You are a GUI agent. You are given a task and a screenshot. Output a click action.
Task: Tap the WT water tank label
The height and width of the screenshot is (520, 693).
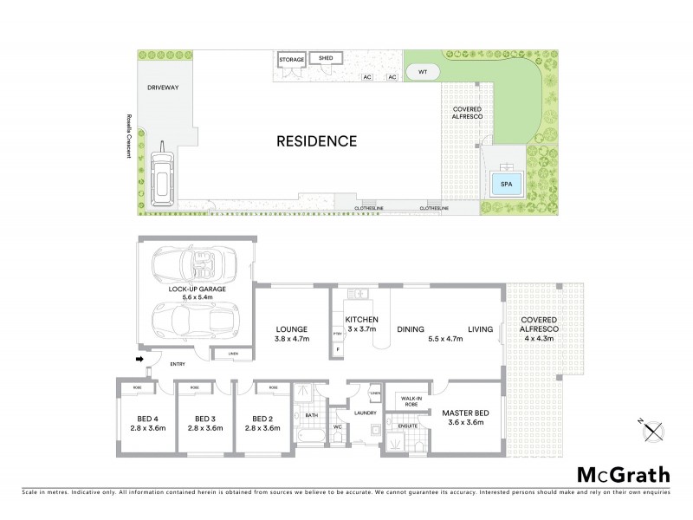tap(423, 71)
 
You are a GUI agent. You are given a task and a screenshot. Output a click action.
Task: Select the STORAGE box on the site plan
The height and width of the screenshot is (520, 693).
tap(292, 60)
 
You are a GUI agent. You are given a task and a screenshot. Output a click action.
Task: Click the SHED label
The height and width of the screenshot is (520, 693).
tap(326, 58)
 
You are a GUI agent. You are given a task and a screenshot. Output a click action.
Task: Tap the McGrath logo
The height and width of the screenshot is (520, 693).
tap(622, 474)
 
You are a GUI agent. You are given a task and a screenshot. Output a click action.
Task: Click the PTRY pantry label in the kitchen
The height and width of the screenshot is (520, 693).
tap(337, 333)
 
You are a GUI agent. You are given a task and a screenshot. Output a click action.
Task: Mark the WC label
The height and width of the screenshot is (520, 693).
tap(339, 426)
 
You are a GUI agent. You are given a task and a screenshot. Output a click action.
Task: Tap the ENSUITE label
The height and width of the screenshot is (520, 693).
tap(408, 426)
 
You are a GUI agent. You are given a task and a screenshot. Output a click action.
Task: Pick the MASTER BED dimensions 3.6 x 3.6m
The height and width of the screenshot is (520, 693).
tap(464, 423)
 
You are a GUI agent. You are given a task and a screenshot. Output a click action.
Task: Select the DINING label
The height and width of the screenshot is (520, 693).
tap(410, 329)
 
